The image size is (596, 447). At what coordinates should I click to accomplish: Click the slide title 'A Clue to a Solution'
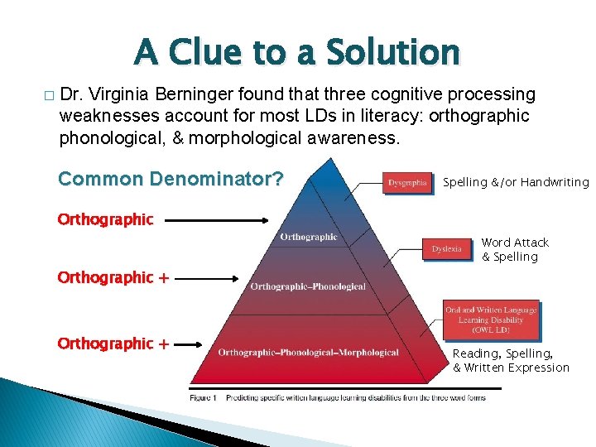coord(297,52)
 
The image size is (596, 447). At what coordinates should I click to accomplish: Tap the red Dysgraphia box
coord(407,182)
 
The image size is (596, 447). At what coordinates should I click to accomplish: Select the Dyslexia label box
coord(447,249)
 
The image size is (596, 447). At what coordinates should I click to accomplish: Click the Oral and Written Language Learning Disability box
coord(492,320)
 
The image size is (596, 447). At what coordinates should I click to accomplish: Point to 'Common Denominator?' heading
coord(171,179)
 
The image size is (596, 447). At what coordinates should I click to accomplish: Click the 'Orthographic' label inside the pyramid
coord(309,237)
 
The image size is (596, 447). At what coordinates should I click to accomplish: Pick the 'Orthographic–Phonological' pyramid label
coord(308,286)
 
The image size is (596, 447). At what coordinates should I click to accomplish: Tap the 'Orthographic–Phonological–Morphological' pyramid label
coord(308,353)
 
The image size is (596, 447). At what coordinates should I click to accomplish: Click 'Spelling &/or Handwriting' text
coord(516,182)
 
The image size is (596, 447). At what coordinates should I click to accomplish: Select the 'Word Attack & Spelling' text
coord(514,249)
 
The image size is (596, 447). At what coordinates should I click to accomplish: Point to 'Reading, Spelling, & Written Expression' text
coord(511,360)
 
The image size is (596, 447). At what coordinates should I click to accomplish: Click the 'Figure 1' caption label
coord(203,397)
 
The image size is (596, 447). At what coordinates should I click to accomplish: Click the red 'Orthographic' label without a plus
coord(105,219)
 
